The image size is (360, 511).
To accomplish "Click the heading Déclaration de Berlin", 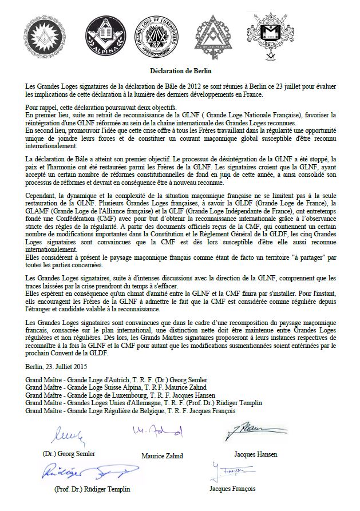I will click(180, 72).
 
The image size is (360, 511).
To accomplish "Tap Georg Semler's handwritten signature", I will click(69, 437).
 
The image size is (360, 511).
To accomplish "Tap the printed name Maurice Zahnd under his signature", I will click(161, 455).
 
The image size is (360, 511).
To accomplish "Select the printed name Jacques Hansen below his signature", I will click(255, 454).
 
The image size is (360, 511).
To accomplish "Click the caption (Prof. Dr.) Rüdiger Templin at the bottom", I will click(92, 489).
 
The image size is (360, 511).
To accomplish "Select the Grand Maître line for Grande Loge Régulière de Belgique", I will click(130, 410).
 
